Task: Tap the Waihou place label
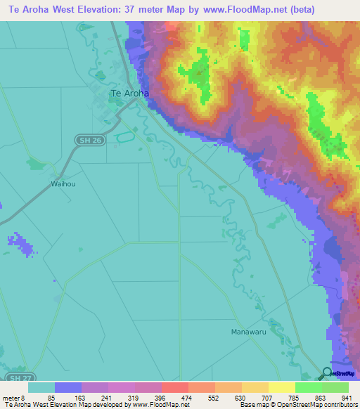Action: coord(62,183)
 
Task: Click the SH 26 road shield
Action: coord(85,142)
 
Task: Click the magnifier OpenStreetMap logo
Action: coord(326,374)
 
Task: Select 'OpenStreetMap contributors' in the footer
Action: coord(309,405)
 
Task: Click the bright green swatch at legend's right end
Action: coord(335,387)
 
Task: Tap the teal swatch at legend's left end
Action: coord(41,387)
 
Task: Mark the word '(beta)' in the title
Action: coord(298,9)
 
